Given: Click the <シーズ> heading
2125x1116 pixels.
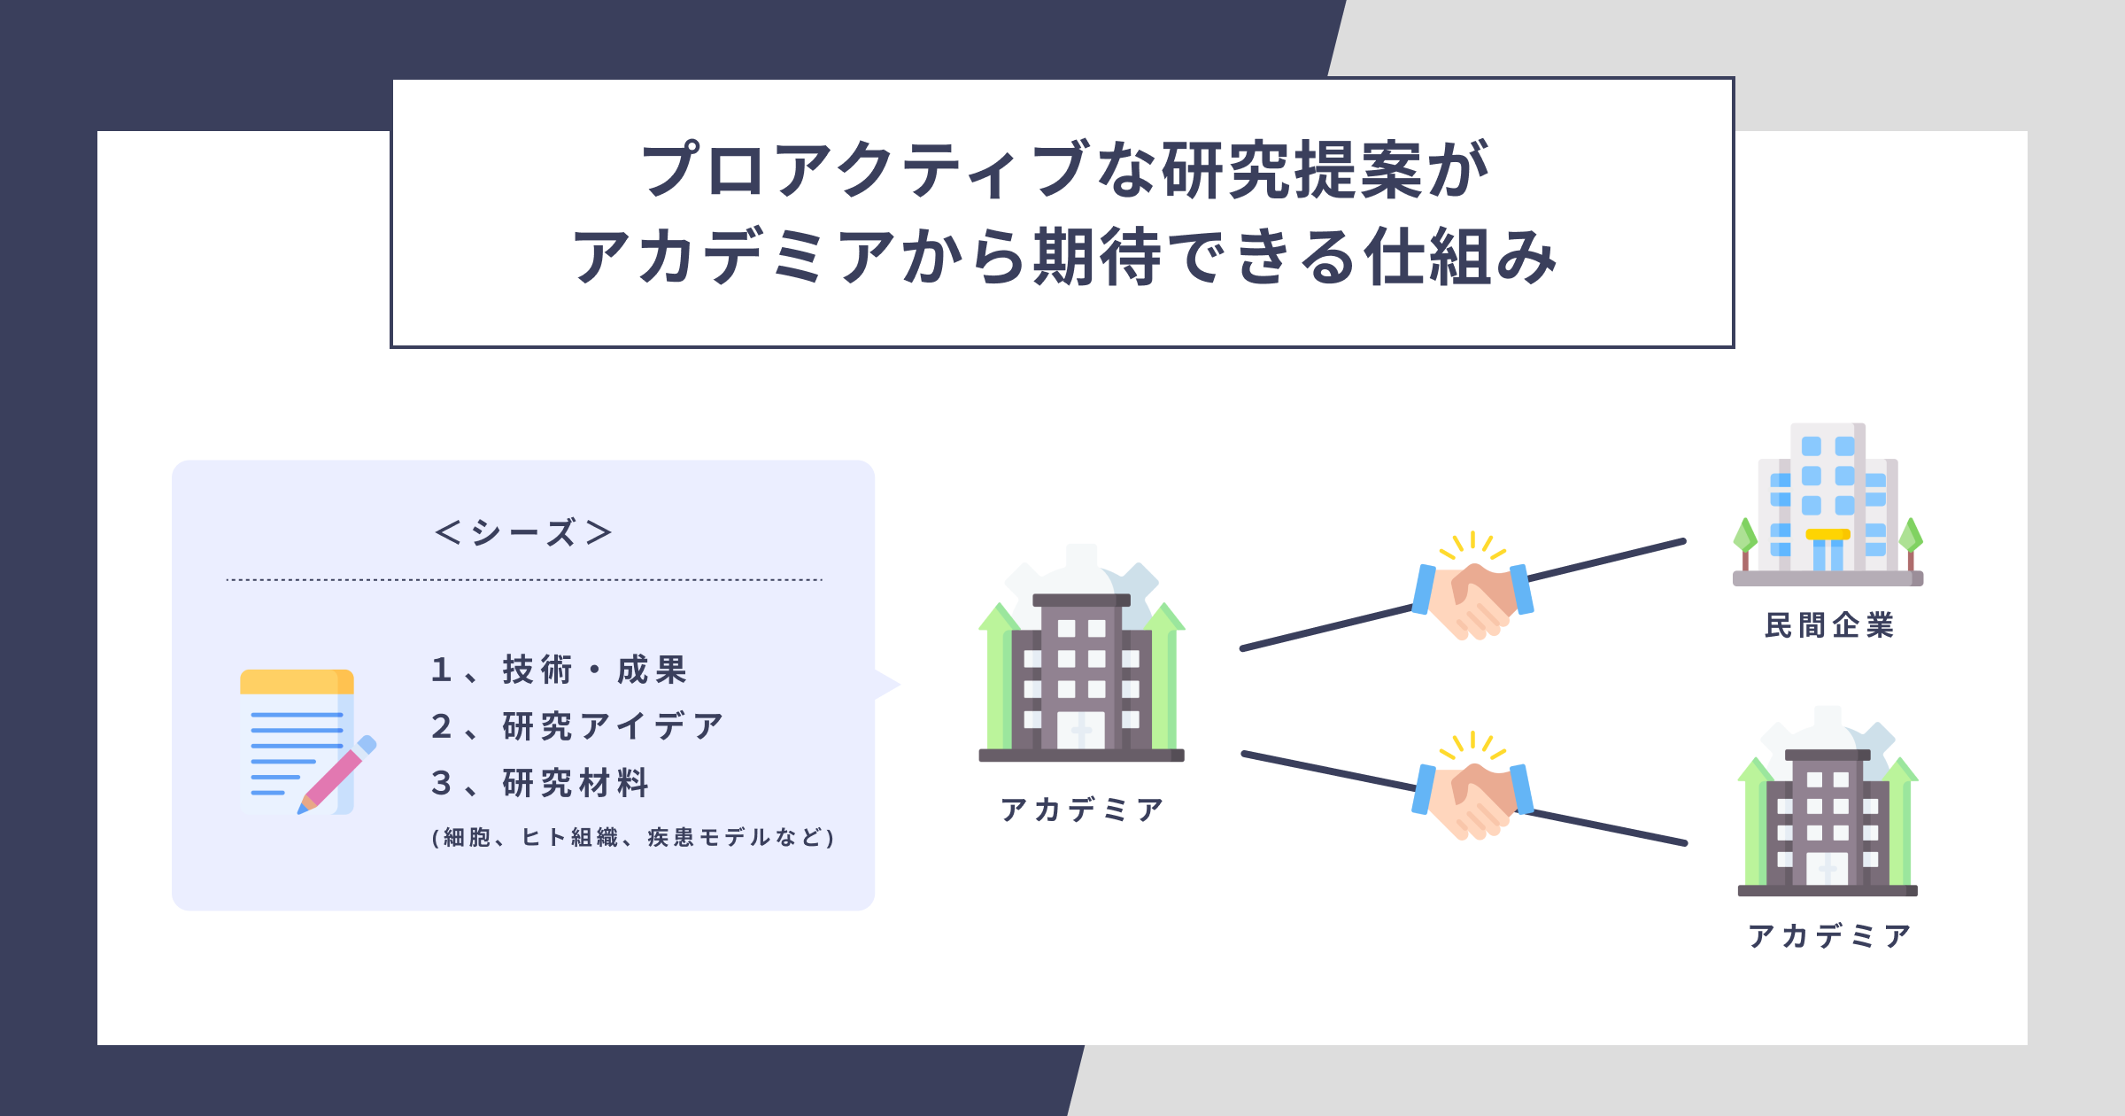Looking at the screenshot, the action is coord(523,532).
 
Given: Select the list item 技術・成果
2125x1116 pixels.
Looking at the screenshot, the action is coord(594,670).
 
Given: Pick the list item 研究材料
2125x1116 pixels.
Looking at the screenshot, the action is coord(576,783).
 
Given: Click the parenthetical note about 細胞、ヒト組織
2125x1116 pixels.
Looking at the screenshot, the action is coord(633,837).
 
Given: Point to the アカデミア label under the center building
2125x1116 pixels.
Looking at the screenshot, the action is coord(1081,809).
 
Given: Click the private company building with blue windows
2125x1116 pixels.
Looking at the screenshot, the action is coord(1827,505).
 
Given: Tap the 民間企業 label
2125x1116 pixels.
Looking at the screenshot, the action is coord(1828,625).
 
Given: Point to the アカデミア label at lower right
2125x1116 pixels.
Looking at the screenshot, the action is coord(1828,935).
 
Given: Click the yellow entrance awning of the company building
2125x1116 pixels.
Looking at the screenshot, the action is coord(1827,534).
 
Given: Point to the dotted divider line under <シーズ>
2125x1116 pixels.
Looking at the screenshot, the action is coord(524,580).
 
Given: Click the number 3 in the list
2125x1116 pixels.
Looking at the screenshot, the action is coord(441,783).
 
